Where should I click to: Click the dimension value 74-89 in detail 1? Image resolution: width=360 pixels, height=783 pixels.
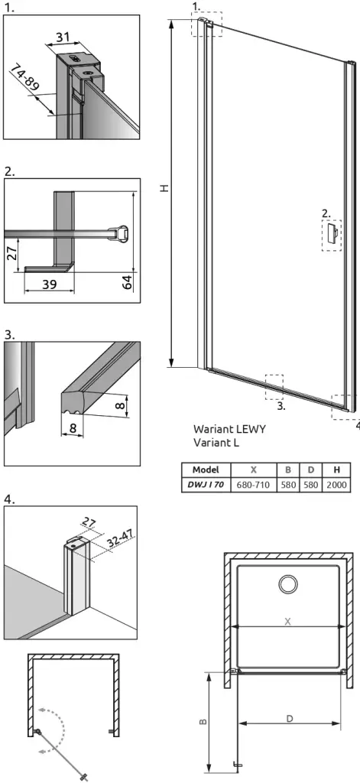[24, 76]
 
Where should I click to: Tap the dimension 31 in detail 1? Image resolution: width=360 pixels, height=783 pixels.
[63, 37]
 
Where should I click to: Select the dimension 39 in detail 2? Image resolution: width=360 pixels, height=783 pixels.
[49, 284]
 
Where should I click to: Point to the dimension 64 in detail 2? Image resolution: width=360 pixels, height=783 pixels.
[128, 281]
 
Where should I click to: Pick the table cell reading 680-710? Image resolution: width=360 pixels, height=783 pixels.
[254, 484]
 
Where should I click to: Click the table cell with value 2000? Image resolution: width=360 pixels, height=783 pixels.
[337, 484]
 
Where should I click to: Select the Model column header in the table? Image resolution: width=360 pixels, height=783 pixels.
[206, 469]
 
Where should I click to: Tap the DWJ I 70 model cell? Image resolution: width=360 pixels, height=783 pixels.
[206, 484]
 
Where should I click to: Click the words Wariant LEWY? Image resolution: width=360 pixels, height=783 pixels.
[229, 428]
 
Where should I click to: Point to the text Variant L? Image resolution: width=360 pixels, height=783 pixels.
[216, 443]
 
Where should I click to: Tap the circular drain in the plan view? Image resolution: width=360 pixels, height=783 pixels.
[288, 583]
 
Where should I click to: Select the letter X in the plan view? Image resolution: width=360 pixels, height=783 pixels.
[287, 622]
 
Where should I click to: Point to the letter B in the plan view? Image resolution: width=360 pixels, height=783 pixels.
[203, 722]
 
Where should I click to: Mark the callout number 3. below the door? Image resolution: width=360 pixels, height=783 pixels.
[281, 407]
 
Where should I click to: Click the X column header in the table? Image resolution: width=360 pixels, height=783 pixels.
[254, 469]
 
